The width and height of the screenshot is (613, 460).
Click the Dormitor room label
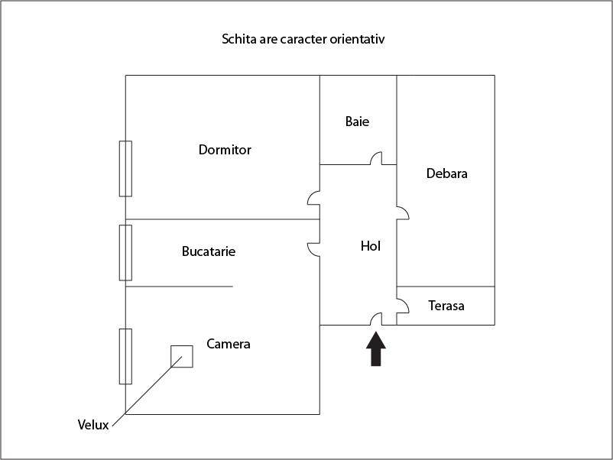click(225, 150)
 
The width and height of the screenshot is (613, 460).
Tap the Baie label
click(357, 121)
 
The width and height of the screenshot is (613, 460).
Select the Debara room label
click(446, 173)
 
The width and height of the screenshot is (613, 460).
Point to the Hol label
click(370, 246)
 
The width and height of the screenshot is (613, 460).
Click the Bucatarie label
click(209, 251)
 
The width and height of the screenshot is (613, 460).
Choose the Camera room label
click(229, 344)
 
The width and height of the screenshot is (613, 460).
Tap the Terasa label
click(446, 306)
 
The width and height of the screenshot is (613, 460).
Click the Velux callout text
click(93, 425)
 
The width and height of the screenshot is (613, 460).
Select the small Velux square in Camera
click(181, 356)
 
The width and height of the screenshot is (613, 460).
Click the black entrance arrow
click(375, 350)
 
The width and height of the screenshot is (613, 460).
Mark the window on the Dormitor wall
click(125, 169)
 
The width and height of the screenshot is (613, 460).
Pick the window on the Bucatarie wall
click(125, 252)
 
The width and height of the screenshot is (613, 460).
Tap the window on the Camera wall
click(125, 356)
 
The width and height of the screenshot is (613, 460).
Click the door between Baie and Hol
click(376, 159)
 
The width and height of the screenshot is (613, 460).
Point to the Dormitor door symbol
click(313, 199)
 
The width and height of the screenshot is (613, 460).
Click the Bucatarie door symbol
click(313, 249)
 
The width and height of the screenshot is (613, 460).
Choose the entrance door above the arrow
click(375, 319)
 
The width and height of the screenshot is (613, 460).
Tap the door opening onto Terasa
click(402, 305)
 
